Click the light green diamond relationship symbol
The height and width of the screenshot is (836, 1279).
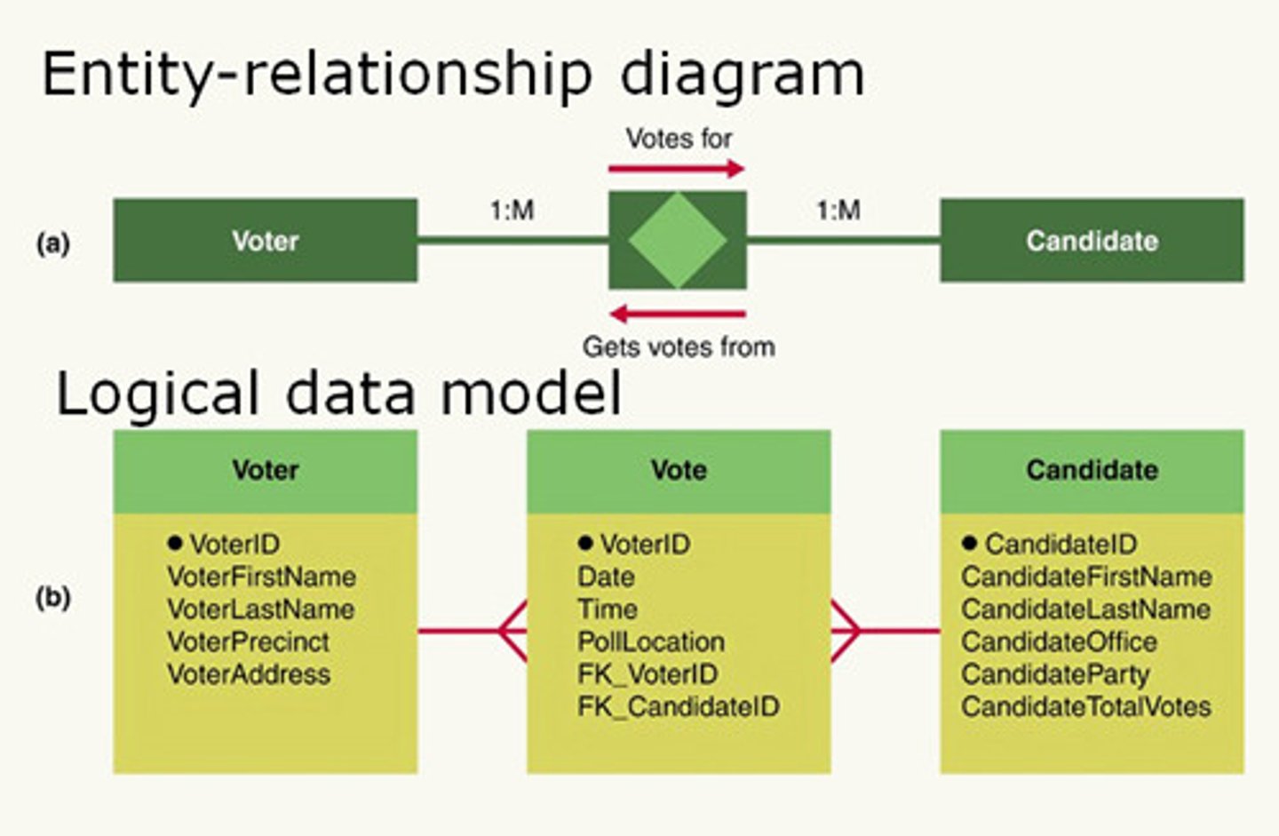point(677,240)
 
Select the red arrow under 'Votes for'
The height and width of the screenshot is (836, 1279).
point(676,168)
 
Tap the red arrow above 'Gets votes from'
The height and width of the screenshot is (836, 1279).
point(677,314)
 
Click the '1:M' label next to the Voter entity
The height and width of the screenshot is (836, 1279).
point(512,211)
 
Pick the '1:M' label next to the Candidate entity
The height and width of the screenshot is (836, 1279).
point(838,211)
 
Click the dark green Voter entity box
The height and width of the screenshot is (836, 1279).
point(265,240)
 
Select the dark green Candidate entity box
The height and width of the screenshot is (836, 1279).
point(1092,240)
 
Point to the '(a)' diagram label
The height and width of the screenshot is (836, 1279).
point(52,243)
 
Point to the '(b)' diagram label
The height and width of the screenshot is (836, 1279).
point(52,597)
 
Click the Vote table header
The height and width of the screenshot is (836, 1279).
point(679,470)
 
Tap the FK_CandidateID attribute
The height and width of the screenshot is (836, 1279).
point(679,707)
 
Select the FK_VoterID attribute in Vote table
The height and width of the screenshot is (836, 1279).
point(647,674)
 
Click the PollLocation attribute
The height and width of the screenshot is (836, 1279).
point(651,641)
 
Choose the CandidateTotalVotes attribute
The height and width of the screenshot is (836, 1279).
point(1085,707)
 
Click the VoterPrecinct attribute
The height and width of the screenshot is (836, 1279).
point(248,641)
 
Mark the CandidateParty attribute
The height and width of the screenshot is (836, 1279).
point(1055,674)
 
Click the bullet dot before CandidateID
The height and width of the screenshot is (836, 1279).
point(969,543)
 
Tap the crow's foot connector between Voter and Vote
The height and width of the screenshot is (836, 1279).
point(512,631)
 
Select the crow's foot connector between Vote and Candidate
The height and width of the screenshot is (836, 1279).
point(846,631)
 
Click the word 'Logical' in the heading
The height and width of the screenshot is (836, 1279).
point(157,394)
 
